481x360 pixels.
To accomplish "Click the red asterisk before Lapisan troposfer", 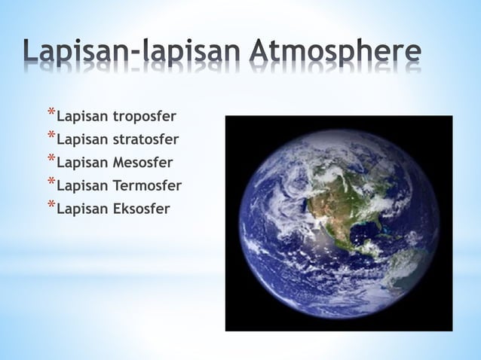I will coord(51,114).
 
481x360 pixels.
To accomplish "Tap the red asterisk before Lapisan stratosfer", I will coord(51,137).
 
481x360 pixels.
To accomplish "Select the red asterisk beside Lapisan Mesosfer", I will coord(51,160).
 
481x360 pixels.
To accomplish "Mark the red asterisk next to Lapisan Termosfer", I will coord(51,182).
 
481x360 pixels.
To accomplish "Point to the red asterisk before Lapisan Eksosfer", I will coord(51,205).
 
